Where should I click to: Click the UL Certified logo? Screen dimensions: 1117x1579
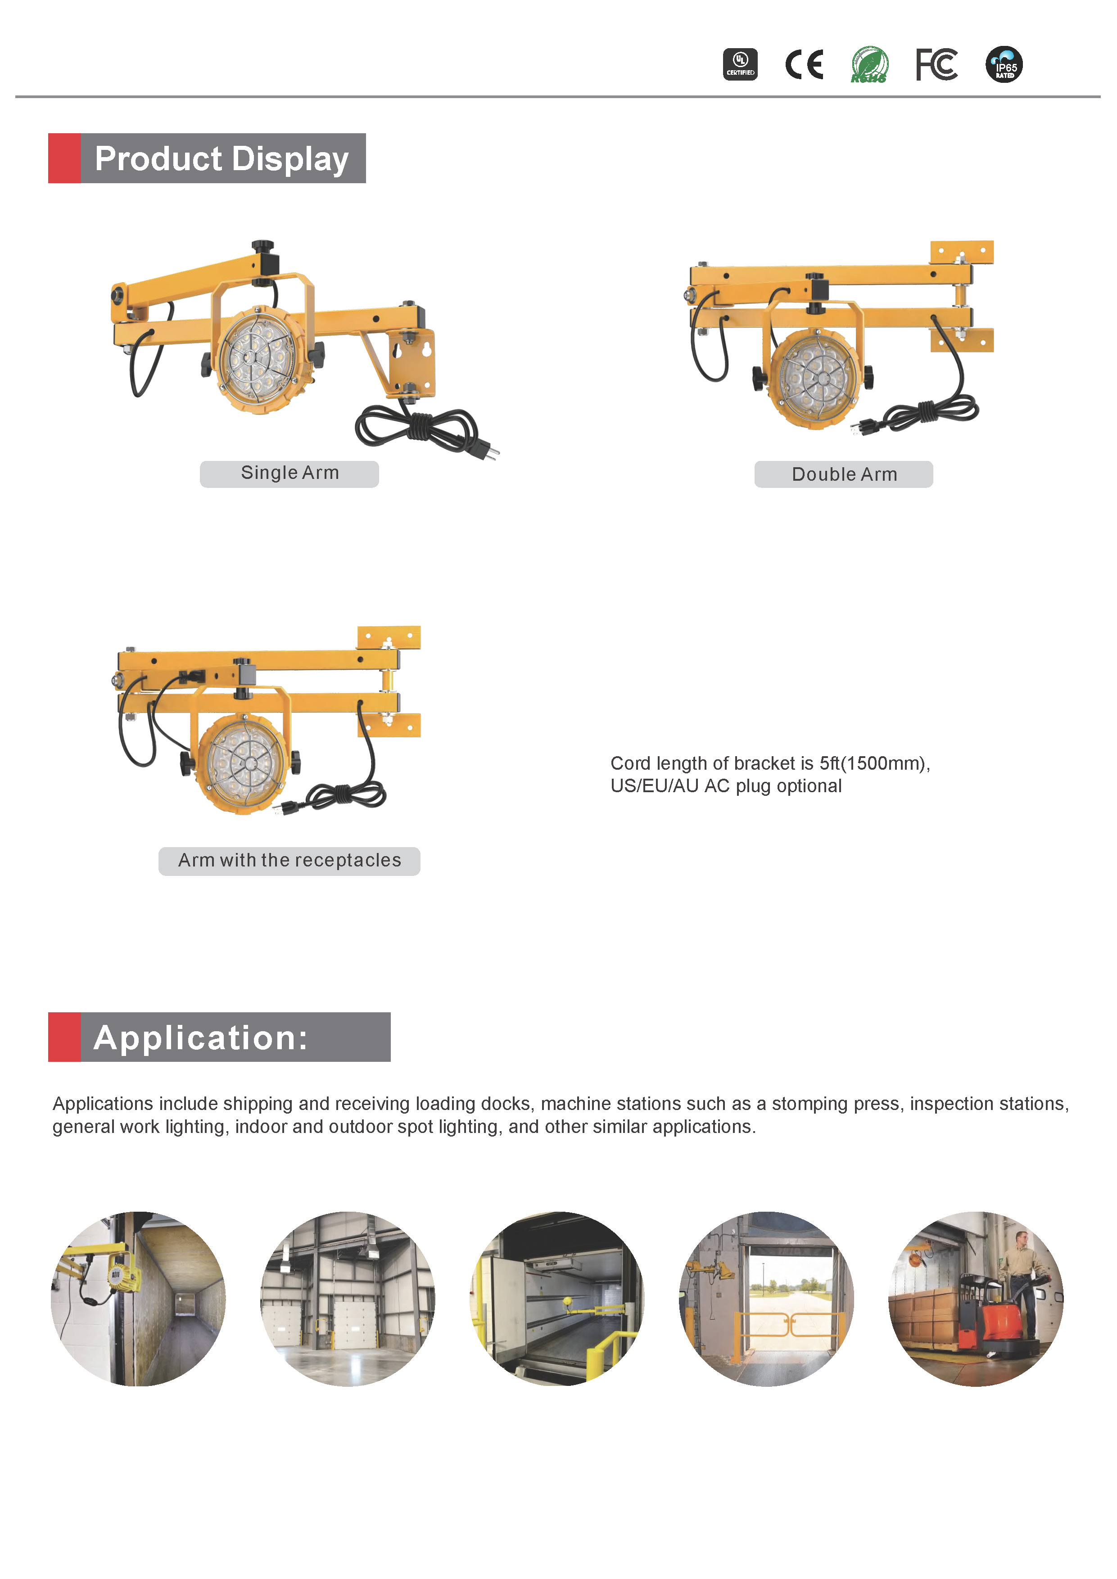pyautogui.click(x=740, y=65)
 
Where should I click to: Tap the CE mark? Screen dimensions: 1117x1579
pyautogui.click(x=804, y=65)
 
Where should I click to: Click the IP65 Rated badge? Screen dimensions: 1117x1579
pyautogui.click(x=1004, y=65)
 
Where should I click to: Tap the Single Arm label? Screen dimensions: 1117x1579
pyautogui.click(x=289, y=473)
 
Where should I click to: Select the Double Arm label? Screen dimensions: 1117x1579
pyautogui.click(x=844, y=474)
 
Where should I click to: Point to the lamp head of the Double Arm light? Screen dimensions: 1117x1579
pyautogui.click(x=816, y=378)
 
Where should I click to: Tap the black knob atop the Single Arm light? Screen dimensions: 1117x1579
pyautogui.click(x=262, y=246)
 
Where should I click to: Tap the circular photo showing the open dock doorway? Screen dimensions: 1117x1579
pyautogui.click(x=766, y=1299)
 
